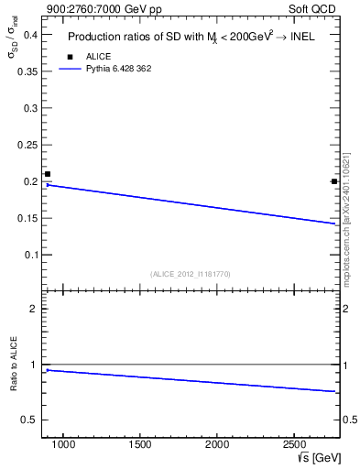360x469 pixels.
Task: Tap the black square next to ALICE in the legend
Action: click(x=70, y=57)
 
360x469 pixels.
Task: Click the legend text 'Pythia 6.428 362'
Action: click(x=118, y=69)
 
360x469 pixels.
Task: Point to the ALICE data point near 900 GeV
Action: click(x=48, y=174)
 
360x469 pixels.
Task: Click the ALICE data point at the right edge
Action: click(x=334, y=181)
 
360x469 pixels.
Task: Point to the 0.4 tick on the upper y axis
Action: click(x=30, y=35)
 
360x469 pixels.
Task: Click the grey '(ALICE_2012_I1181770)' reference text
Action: click(x=191, y=274)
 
